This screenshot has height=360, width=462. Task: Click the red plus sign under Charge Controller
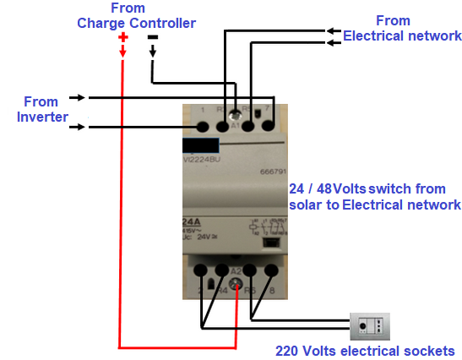coord(122,37)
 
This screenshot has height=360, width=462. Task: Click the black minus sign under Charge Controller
coord(153,37)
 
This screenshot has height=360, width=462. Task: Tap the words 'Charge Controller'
coord(136,23)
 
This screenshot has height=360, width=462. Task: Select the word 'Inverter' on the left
coord(42,117)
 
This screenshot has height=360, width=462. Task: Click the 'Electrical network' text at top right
coord(402,36)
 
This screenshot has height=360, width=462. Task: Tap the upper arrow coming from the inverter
coord(76,97)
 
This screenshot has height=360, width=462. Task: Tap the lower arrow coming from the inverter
coord(76,128)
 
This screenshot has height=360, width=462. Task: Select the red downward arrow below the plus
coord(122,53)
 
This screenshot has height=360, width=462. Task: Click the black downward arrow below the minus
coord(153,52)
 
